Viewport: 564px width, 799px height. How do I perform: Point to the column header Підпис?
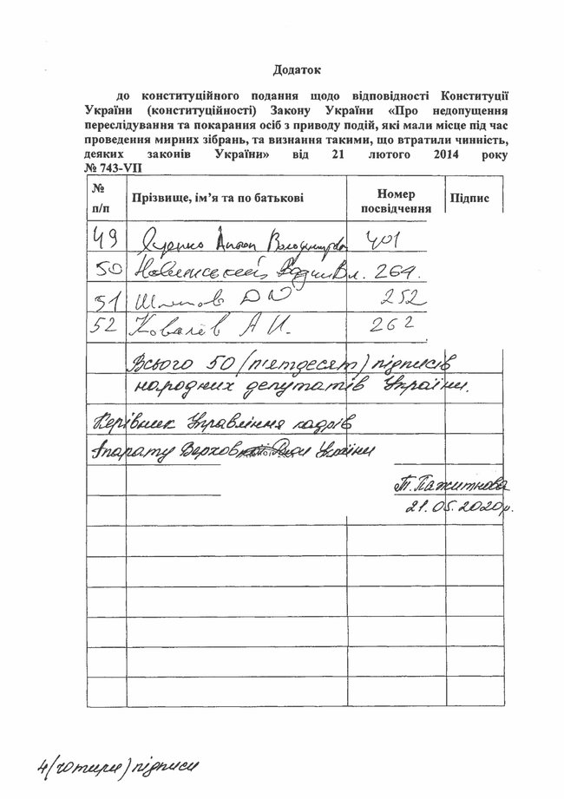[x=469, y=199]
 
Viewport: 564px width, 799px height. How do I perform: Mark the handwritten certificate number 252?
[x=400, y=299]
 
